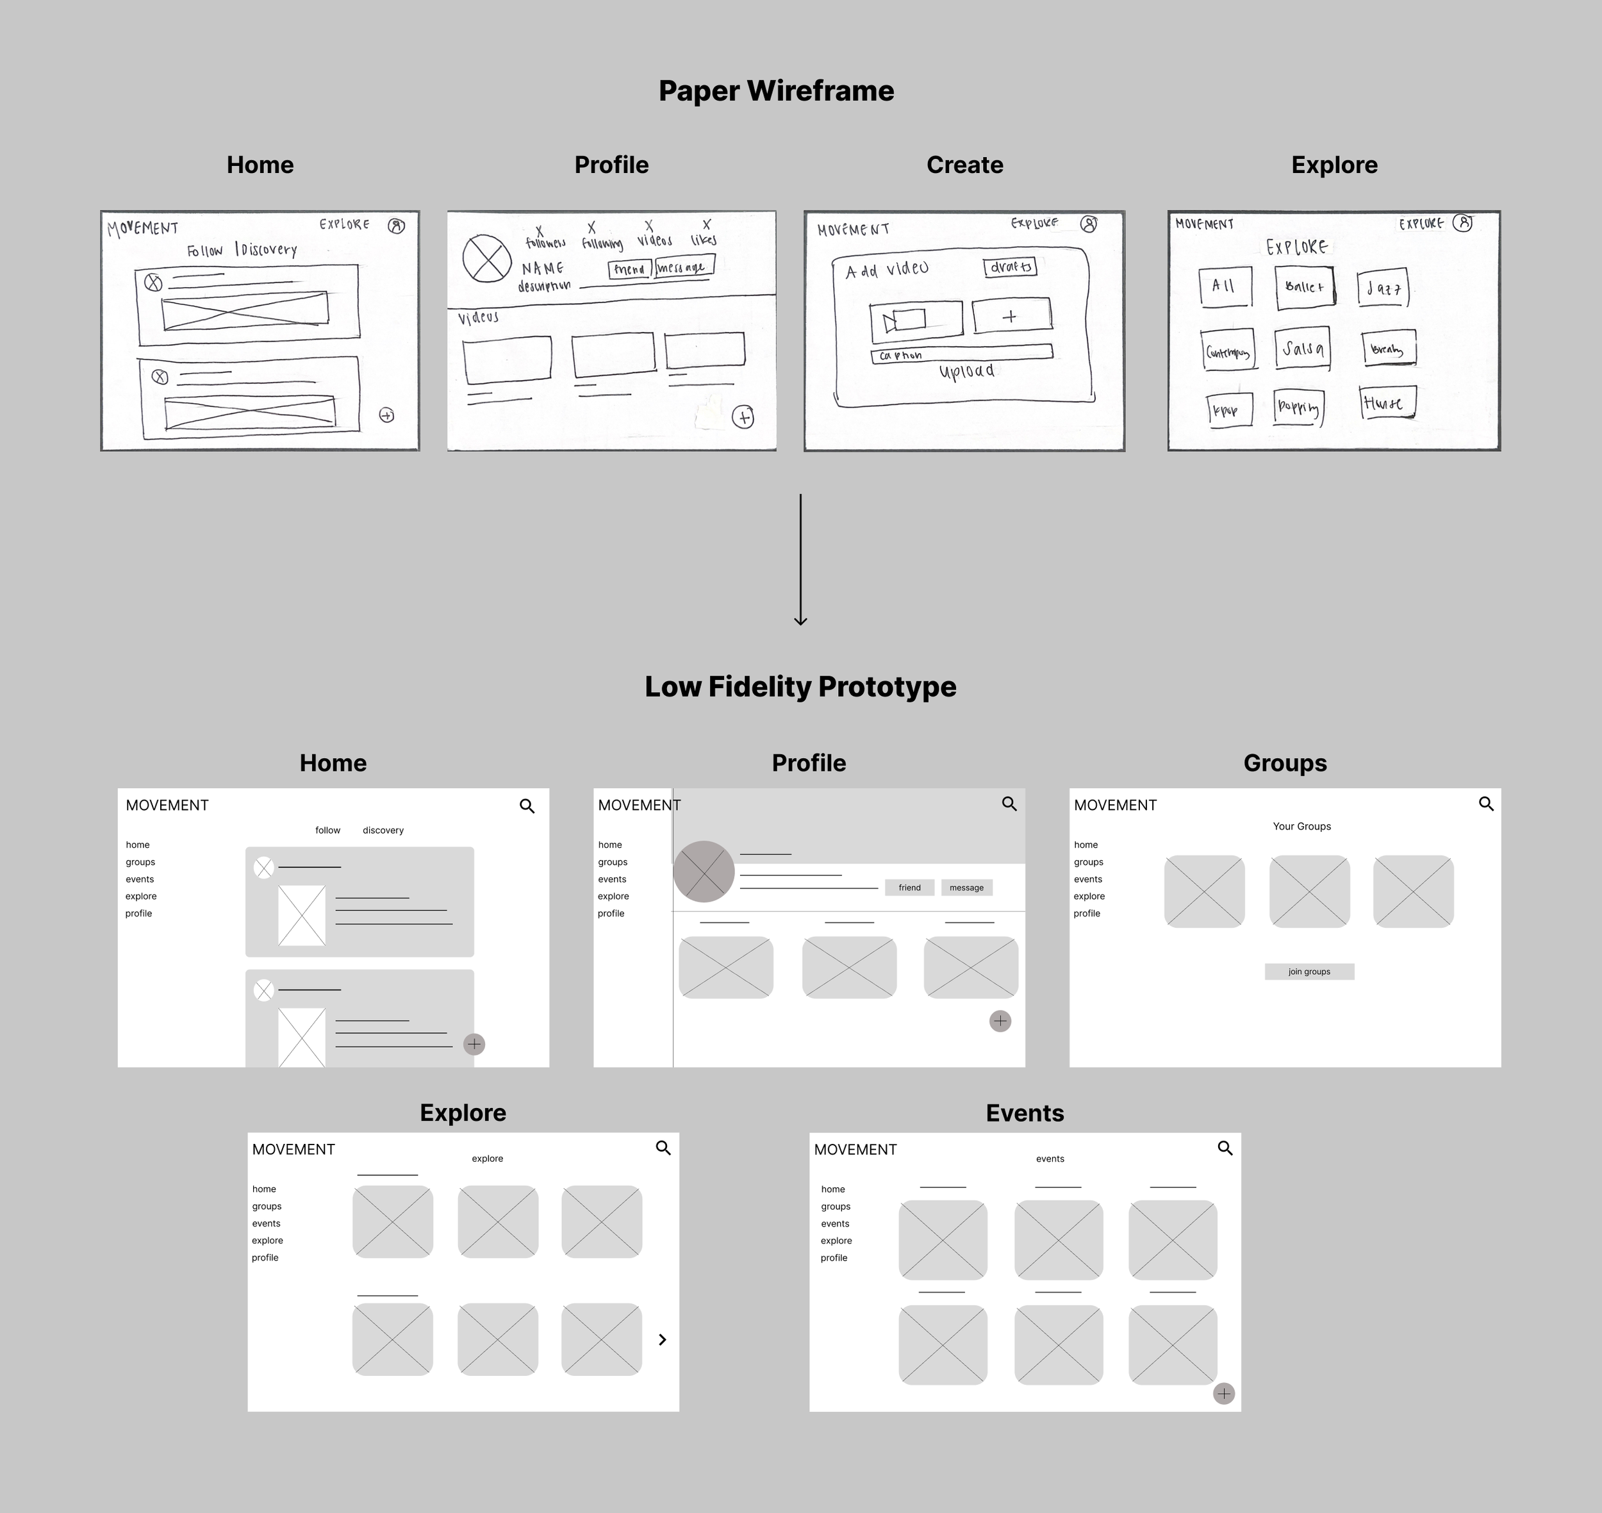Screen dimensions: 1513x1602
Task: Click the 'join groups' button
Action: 1309,972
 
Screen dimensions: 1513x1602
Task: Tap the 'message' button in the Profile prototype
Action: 966,888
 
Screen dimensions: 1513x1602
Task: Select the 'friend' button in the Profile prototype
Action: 909,888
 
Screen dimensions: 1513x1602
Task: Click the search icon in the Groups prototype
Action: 1486,804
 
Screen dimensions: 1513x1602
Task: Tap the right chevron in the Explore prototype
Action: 662,1339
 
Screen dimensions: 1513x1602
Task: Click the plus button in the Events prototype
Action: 1224,1394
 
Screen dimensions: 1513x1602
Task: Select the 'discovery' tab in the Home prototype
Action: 383,831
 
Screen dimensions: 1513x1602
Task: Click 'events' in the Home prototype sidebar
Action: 140,879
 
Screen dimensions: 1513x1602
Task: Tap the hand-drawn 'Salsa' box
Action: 1302,349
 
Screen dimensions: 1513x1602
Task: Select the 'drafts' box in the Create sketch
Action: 1010,267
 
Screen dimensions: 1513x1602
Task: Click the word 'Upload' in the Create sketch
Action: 966,372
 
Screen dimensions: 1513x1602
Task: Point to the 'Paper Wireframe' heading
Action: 776,91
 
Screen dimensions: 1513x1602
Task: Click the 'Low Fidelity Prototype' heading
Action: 800,686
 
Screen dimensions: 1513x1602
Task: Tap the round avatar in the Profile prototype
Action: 704,871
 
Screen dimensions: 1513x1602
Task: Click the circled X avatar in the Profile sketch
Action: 486,259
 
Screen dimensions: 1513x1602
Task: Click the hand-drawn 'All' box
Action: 1225,286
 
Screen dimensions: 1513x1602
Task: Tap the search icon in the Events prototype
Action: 1225,1148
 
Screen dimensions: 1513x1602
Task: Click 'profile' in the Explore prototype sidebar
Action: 265,1258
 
